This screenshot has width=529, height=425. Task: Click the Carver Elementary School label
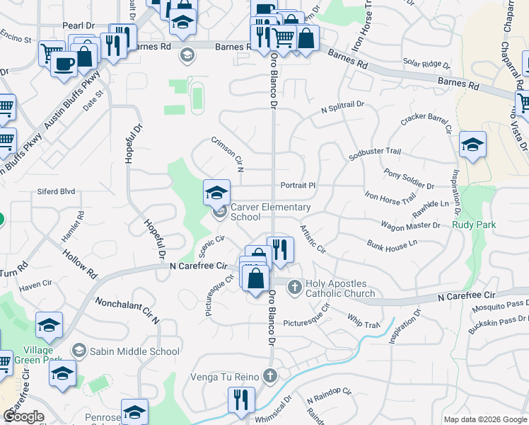tap(271, 212)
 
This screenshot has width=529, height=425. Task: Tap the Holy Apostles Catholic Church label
tap(340, 288)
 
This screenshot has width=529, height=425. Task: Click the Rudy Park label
tap(475, 225)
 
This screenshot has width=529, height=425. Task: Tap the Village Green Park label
tap(37, 356)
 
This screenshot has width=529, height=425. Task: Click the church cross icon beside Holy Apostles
tap(294, 285)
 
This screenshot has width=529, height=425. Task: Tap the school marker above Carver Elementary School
tap(217, 192)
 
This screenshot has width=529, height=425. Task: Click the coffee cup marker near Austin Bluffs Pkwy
tap(64, 63)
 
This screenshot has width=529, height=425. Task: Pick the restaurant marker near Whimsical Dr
tap(242, 400)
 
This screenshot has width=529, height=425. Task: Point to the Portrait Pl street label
tap(297, 185)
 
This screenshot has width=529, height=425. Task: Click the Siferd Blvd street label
tap(57, 191)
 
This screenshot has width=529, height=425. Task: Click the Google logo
tap(23, 416)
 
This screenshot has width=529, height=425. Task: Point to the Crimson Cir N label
tap(228, 154)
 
